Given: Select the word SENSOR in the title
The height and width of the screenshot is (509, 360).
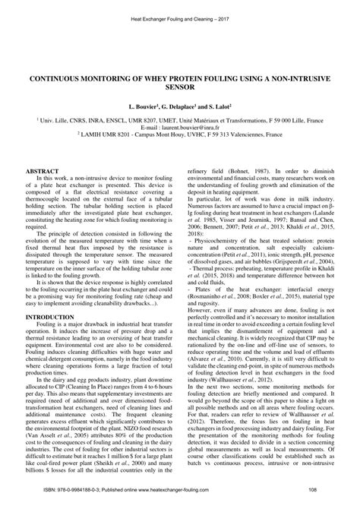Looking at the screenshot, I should (180, 87).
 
